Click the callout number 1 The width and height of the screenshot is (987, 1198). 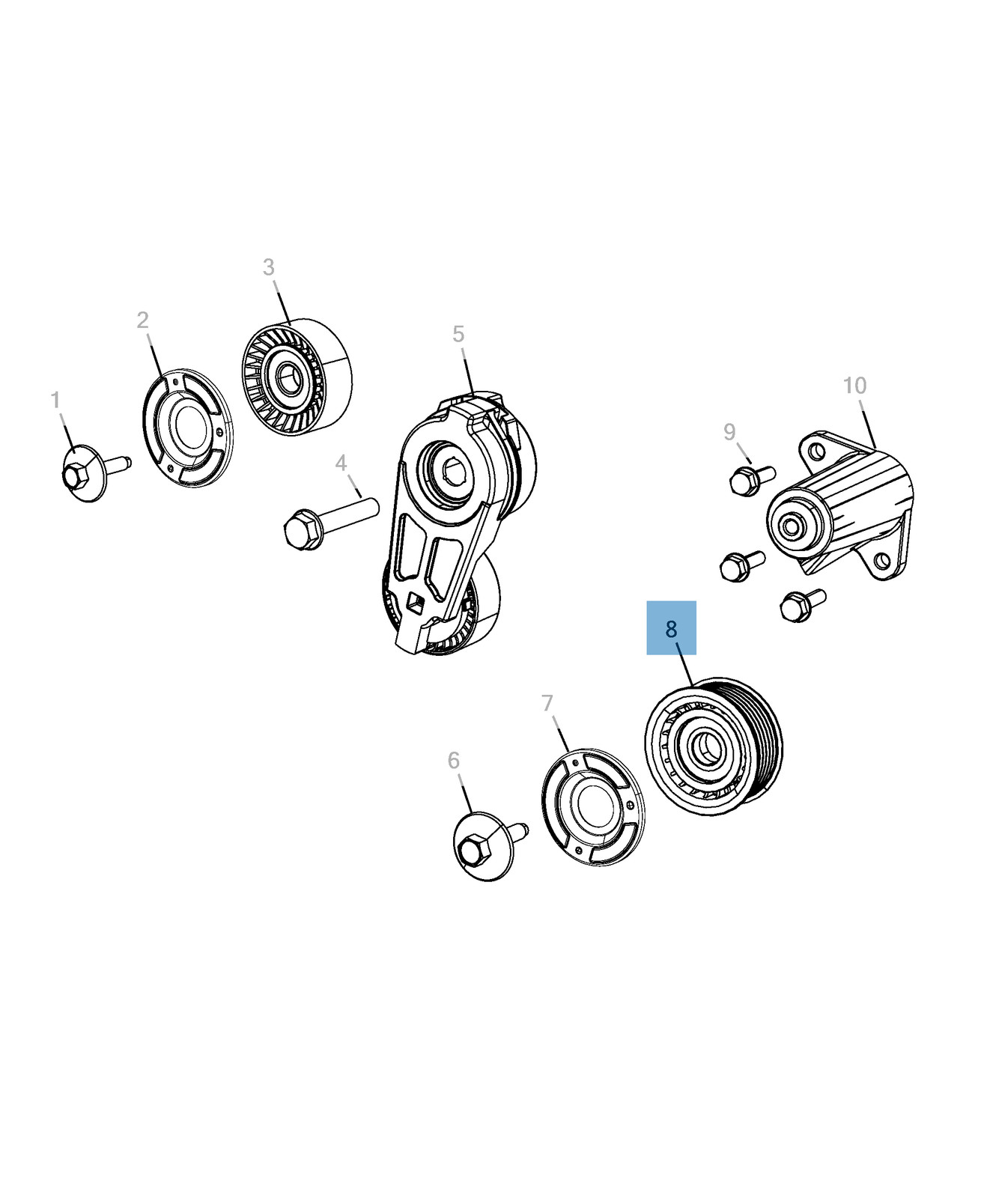coord(55,401)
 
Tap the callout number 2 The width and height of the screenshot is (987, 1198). coord(142,320)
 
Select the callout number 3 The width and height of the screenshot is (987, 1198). coord(268,267)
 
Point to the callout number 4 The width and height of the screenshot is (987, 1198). coord(341,463)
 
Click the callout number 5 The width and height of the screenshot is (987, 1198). coord(458,334)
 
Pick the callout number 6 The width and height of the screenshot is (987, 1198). coord(453,761)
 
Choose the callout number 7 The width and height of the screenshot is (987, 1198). coord(547,703)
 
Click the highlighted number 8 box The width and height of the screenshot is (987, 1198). coord(671,628)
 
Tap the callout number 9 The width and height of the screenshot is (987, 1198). coord(729,432)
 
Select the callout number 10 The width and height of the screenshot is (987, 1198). coord(854,386)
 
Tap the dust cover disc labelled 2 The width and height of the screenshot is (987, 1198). coord(187,428)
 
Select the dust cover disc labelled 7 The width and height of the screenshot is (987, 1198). coord(592,807)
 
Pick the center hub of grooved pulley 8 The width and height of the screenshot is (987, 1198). coord(703,748)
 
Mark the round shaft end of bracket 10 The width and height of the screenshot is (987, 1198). coord(790,526)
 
